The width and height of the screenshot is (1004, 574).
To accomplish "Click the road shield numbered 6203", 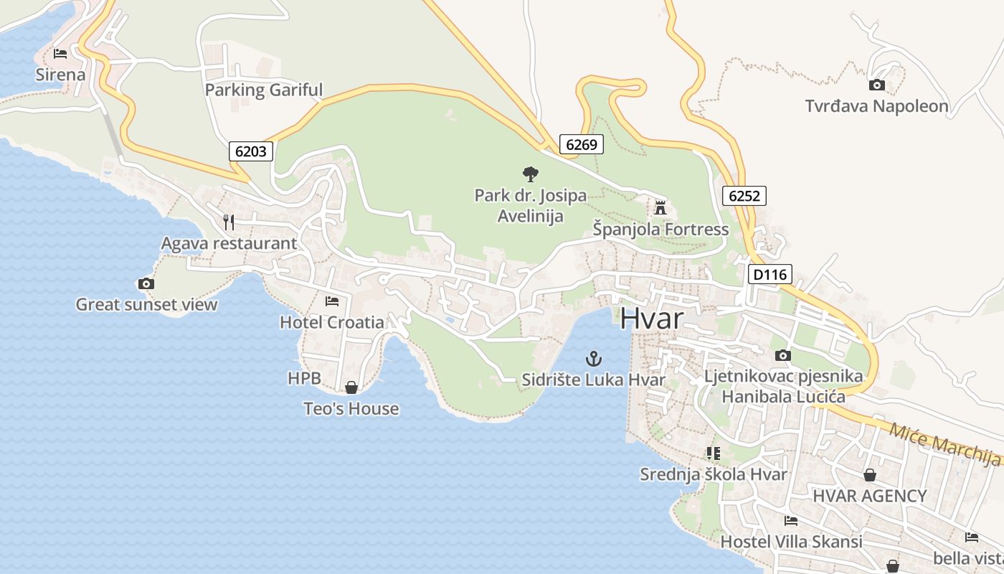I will [251, 151].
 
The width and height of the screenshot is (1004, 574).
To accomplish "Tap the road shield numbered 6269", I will [581, 144].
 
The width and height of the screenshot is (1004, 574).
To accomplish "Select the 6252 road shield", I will [744, 196].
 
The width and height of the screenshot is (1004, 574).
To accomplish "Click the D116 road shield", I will [769, 273].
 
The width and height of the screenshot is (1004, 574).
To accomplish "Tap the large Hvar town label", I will [652, 318].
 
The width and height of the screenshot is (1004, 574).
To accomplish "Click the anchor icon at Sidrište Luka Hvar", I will [593, 359].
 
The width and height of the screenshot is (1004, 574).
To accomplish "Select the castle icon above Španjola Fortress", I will [660, 208].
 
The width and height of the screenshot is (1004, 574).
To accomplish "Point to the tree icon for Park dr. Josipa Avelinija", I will [530, 174].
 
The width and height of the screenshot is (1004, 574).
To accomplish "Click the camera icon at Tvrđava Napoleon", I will [876, 85].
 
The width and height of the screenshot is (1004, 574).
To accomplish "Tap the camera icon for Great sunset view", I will [146, 283].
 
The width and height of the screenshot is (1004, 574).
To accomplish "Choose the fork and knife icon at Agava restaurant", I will [229, 222].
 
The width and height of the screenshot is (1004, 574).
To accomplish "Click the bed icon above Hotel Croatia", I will [332, 301].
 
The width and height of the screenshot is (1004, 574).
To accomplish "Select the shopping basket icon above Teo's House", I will [351, 387].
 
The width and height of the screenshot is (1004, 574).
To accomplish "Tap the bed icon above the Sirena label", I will [60, 54].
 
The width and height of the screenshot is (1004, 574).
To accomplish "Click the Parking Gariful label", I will [264, 90].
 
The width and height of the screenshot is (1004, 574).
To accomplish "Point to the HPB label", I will [303, 378].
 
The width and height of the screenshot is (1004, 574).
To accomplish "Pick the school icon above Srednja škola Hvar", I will [713, 453].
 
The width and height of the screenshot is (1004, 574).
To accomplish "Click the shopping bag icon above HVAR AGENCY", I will [869, 475].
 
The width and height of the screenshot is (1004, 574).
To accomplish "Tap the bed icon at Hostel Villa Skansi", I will [791, 521].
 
